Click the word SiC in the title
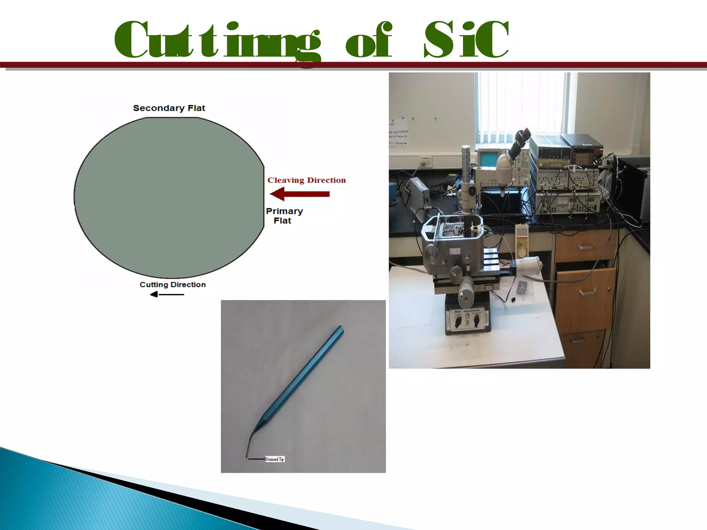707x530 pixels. [x=466, y=40]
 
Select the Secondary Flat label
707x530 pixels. [x=169, y=108]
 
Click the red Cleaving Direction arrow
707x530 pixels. [x=300, y=194]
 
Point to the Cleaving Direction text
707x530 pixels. [x=307, y=180]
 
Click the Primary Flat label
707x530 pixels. [x=284, y=216]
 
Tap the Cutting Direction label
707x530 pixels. [x=173, y=285]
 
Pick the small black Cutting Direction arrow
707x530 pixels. [x=167, y=294]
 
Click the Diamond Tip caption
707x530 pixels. [x=275, y=459]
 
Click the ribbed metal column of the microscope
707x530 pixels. [x=466, y=166]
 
